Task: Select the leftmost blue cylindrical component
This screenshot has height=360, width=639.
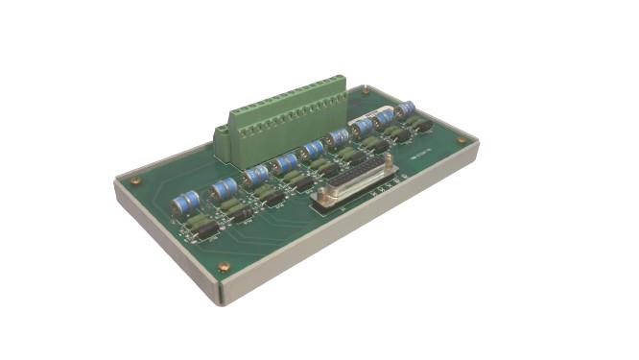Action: (x=185, y=203)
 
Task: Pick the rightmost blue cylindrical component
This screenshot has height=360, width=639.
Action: (x=405, y=109)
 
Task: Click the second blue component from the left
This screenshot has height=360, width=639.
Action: (x=224, y=188)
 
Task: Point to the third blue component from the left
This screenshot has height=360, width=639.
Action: (x=255, y=176)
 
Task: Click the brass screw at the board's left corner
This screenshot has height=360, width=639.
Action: (x=135, y=180)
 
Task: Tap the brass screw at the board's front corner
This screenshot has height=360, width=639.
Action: (x=224, y=267)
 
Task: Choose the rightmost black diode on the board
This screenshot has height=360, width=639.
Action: (x=421, y=126)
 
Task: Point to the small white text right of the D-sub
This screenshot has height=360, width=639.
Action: (x=404, y=159)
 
